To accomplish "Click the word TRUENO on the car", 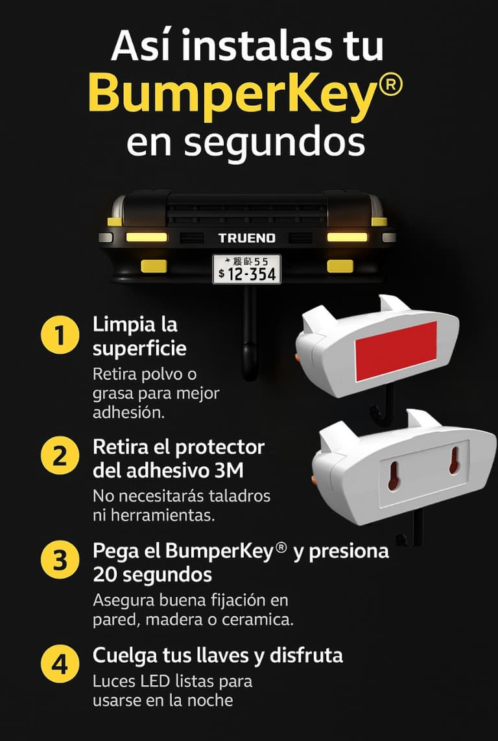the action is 246,238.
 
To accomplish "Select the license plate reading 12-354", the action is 246,269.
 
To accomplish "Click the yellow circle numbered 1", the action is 60,335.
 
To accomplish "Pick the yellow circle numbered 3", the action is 60,561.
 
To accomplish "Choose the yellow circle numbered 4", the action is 60,664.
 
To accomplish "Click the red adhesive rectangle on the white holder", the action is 396,350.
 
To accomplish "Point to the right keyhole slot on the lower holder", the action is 454,460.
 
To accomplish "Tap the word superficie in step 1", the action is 139,350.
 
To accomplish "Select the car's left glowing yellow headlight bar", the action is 147,237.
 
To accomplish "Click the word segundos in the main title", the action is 274,143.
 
